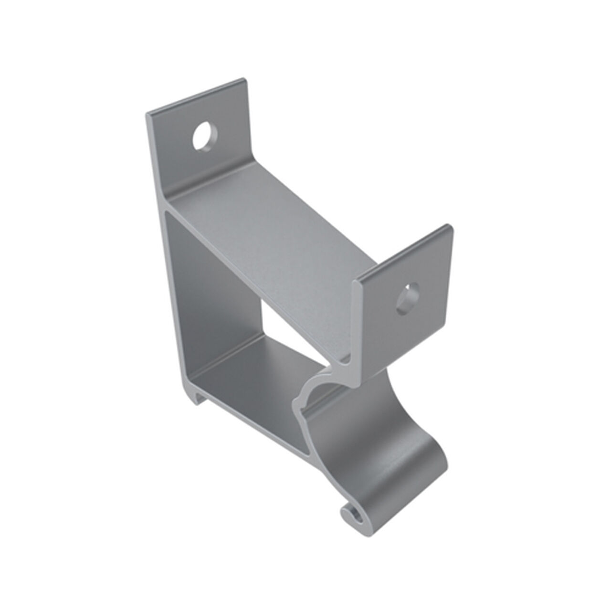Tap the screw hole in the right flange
(407, 300)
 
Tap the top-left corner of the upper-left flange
(147, 115)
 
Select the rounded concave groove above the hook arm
(325, 391)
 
